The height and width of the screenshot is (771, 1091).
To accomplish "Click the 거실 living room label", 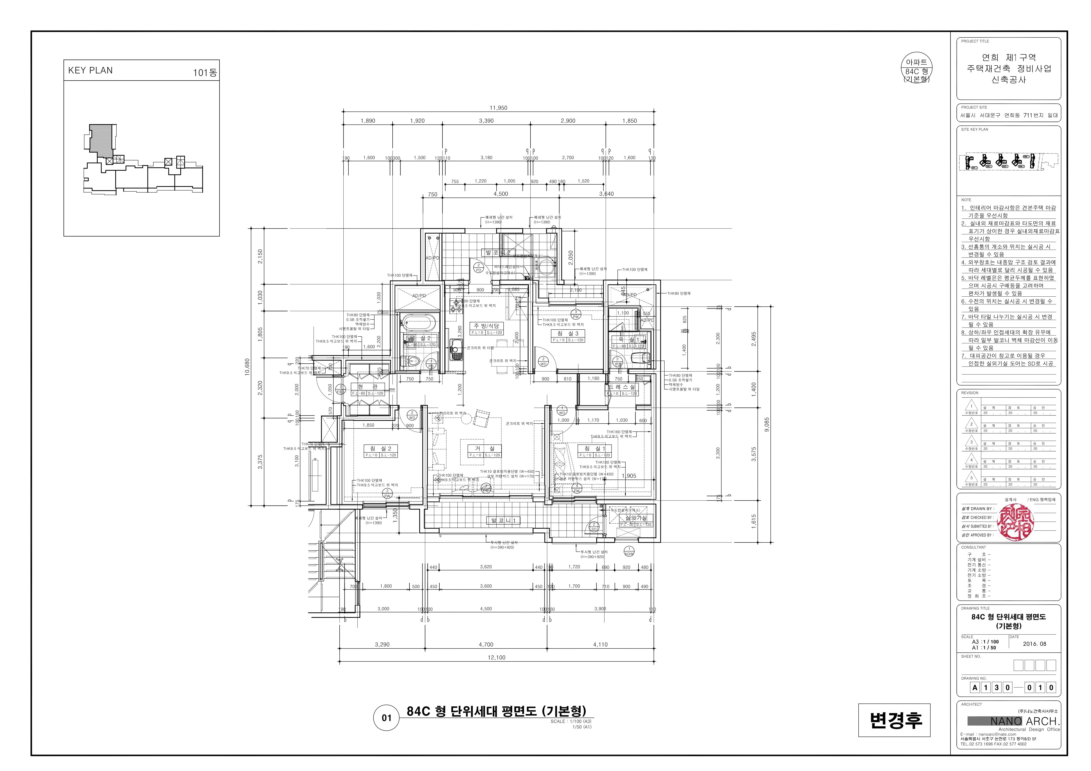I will tap(485, 448).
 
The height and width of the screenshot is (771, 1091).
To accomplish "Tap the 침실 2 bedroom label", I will tap(380, 448).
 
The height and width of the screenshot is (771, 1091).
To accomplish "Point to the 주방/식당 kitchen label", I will tap(486, 326).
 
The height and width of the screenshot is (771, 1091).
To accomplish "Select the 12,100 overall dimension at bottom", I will tap(496, 657).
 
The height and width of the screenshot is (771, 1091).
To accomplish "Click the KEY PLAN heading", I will tap(90, 70).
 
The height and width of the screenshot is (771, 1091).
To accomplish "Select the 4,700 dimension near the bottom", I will tap(486, 645).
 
